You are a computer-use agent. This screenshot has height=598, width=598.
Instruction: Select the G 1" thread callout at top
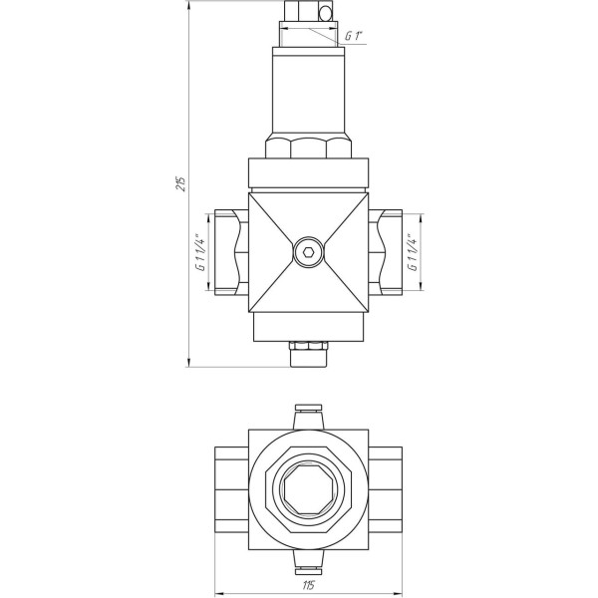[353, 37]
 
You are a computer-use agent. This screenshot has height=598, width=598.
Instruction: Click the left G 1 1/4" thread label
[198, 253]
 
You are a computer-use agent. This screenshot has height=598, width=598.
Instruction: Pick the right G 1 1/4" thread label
[412, 253]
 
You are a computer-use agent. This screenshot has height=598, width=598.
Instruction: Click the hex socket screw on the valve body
[308, 253]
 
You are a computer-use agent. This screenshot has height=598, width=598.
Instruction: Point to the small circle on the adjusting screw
[323, 13]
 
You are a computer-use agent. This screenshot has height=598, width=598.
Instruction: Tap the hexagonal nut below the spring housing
[308, 149]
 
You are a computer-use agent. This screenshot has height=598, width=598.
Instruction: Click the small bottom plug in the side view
[308, 353]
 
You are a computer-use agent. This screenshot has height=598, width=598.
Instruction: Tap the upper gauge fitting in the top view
[308, 415]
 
